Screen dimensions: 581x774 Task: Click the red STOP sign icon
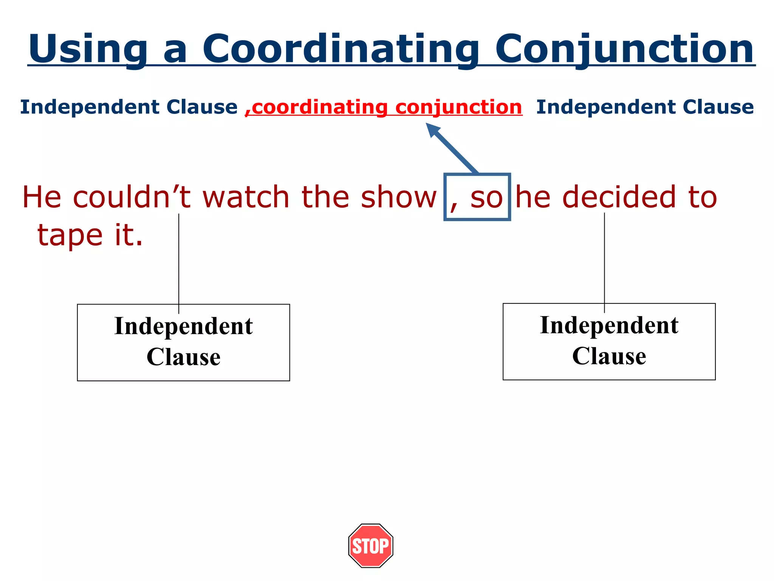370,545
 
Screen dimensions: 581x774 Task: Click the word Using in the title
88,49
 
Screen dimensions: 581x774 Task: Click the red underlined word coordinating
320,107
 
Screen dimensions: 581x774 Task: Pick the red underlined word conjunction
459,107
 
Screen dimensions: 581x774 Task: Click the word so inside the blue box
486,197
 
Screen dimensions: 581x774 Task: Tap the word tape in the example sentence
70,235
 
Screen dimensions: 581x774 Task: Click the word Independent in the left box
183,326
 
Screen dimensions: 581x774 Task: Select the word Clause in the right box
609,356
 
